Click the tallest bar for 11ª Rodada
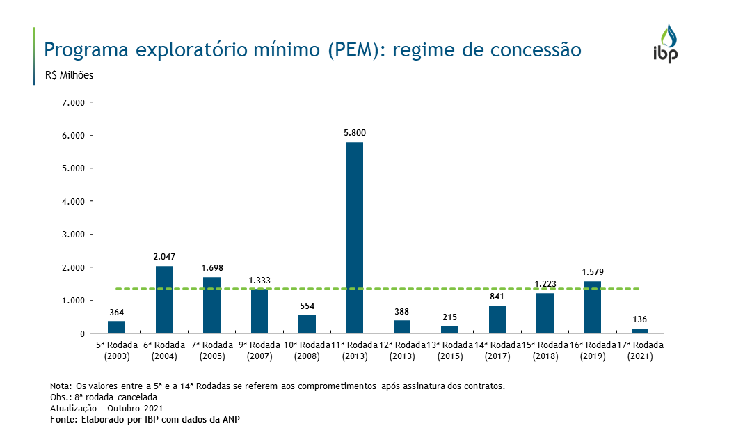(354, 237)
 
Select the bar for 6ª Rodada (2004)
(164, 299)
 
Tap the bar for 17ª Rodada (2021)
(639, 331)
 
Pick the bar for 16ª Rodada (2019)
(592, 307)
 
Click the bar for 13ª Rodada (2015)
(449, 329)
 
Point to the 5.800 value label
(354, 132)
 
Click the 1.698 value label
(211, 267)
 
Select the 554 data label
(307, 306)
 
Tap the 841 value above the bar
(497, 296)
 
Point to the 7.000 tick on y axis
(73, 102)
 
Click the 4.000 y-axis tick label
(73, 201)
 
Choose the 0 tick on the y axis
(81, 333)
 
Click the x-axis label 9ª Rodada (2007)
(259, 351)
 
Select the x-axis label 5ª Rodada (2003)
(117, 351)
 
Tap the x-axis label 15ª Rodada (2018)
(545, 351)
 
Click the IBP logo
(665, 43)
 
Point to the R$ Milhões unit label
(69, 75)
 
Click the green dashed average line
(417, 288)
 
